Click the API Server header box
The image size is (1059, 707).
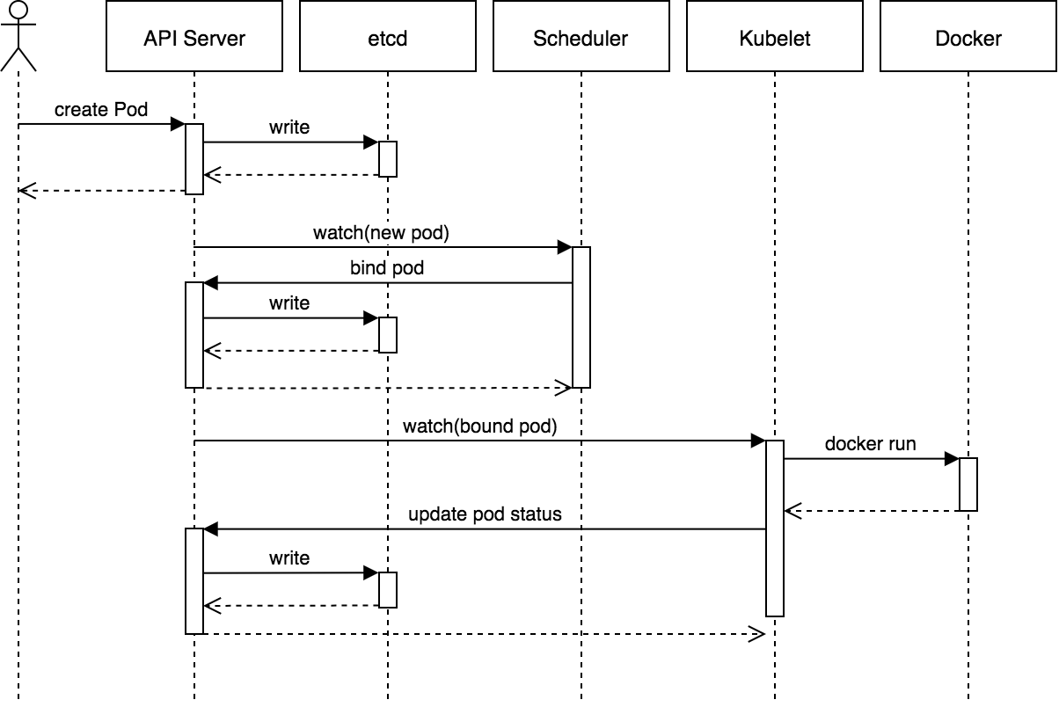(194, 37)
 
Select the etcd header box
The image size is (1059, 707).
(388, 37)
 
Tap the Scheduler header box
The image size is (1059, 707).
(581, 37)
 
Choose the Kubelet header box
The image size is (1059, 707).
(775, 37)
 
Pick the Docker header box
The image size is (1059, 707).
(968, 37)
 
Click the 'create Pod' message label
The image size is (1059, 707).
(101, 110)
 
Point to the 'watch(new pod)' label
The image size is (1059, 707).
(382, 233)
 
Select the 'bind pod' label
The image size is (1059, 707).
(387, 268)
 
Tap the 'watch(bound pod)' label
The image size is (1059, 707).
(480, 426)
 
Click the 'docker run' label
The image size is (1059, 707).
(870, 444)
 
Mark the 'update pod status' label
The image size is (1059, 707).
(485, 514)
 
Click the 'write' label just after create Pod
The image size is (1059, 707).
(289, 128)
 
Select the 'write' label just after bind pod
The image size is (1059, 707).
(289, 303)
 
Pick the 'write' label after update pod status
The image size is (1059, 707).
(289, 558)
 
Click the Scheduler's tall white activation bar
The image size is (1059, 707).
(581, 317)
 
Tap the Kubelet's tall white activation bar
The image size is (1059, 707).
(775, 528)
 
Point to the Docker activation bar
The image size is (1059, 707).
(968, 485)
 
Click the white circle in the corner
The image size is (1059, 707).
(18, 11)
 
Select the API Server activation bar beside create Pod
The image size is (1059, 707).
(194, 159)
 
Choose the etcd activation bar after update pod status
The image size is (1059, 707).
(388, 590)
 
